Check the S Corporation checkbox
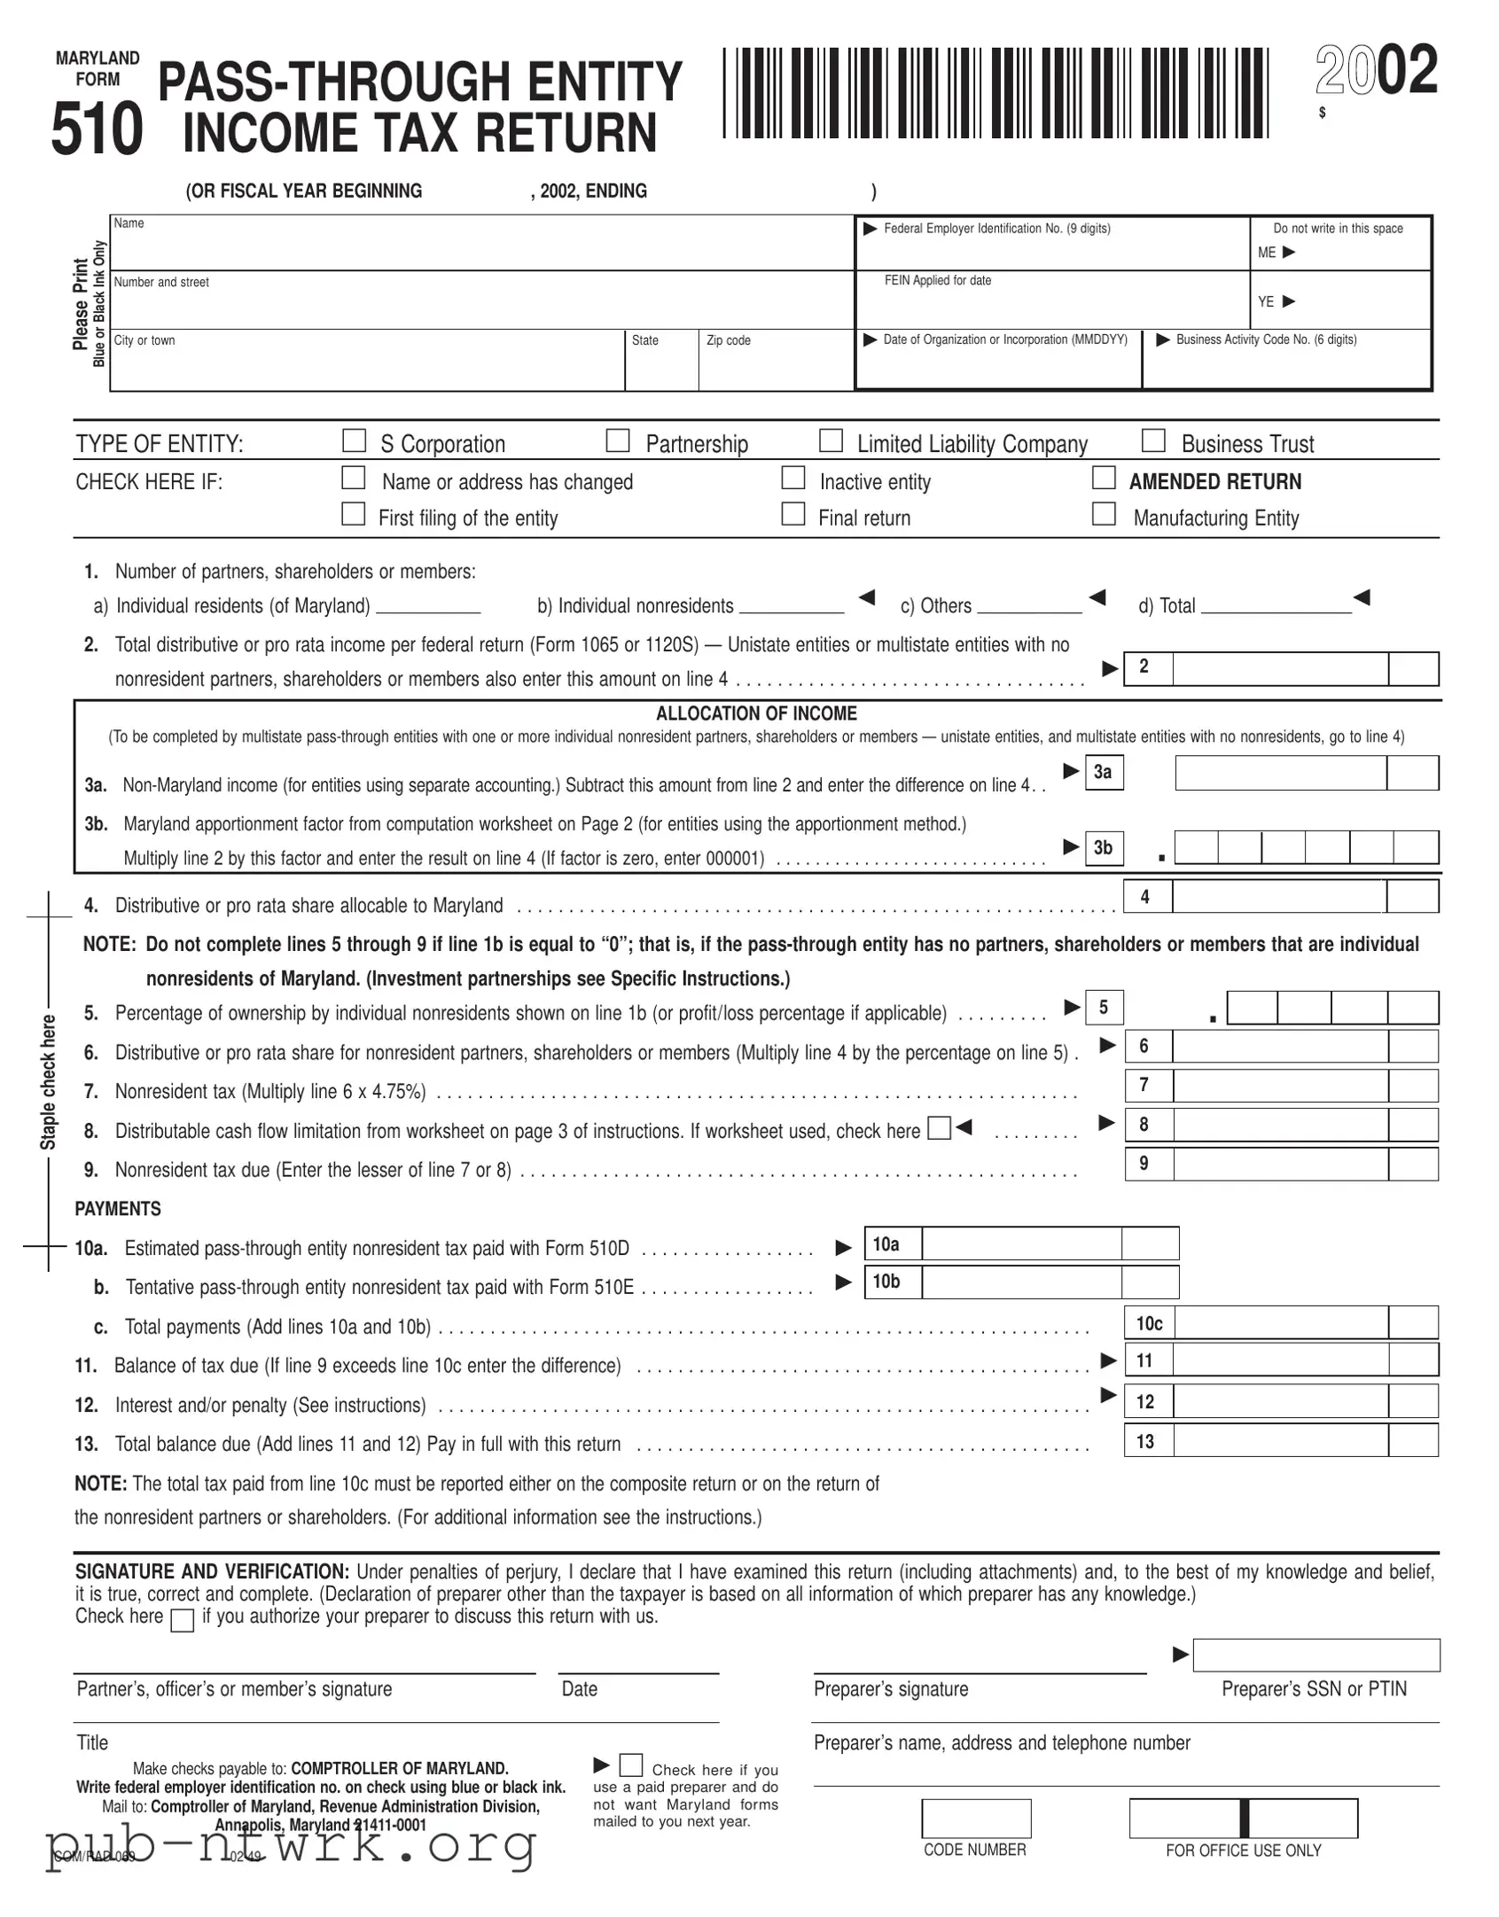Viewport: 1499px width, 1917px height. (354, 440)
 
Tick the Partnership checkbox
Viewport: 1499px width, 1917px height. (618, 440)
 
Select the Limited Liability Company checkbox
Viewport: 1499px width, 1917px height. (831, 440)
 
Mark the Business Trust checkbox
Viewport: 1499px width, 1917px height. (1153, 440)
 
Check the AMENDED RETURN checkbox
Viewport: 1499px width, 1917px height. (1104, 479)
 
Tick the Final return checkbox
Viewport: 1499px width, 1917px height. (793, 514)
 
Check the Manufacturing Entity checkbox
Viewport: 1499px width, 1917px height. (1104, 514)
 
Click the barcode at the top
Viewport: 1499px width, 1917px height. (995, 93)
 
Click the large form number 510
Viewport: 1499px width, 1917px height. (97, 130)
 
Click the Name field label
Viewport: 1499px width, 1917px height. (129, 223)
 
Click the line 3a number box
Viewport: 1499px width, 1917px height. (1103, 772)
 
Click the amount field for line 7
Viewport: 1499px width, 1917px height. (1280, 1086)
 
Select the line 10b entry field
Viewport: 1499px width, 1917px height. (1021, 1282)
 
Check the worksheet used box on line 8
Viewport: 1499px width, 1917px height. (939, 1128)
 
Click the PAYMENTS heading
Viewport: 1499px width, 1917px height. (118, 1209)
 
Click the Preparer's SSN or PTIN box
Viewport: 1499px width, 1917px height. (1316, 1655)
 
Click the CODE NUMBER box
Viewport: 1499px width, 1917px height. (976, 1819)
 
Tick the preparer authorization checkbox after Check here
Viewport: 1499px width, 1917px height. (182, 1621)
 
